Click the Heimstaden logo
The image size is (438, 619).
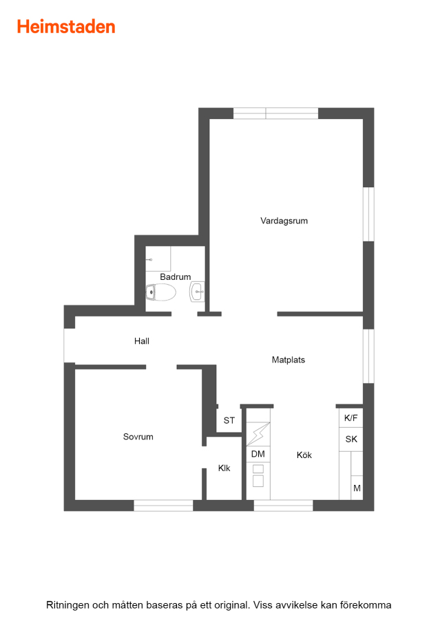(x=66, y=27)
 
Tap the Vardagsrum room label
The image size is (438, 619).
(x=284, y=221)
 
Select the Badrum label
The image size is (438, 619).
(x=175, y=276)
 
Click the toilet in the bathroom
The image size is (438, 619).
(x=160, y=292)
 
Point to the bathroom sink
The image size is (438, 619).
(x=197, y=292)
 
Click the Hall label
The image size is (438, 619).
(x=141, y=341)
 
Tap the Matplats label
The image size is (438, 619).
(x=288, y=360)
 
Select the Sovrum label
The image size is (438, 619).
(x=138, y=437)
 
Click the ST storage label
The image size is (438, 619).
(x=229, y=420)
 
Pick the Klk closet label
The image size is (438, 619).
(x=224, y=468)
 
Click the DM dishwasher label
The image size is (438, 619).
(x=258, y=454)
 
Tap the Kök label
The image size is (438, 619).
(x=304, y=455)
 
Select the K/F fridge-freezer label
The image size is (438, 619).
(x=351, y=418)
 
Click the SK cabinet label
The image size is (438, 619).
(x=351, y=439)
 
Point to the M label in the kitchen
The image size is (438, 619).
(x=357, y=488)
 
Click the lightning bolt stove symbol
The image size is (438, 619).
(x=258, y=434)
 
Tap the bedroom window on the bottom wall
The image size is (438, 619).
(x=163, y=506)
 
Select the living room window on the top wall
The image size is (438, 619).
(x=275, y=113)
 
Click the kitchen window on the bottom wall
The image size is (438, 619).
(x=283, y=506)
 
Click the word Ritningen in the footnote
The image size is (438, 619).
(x=67, y=605)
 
